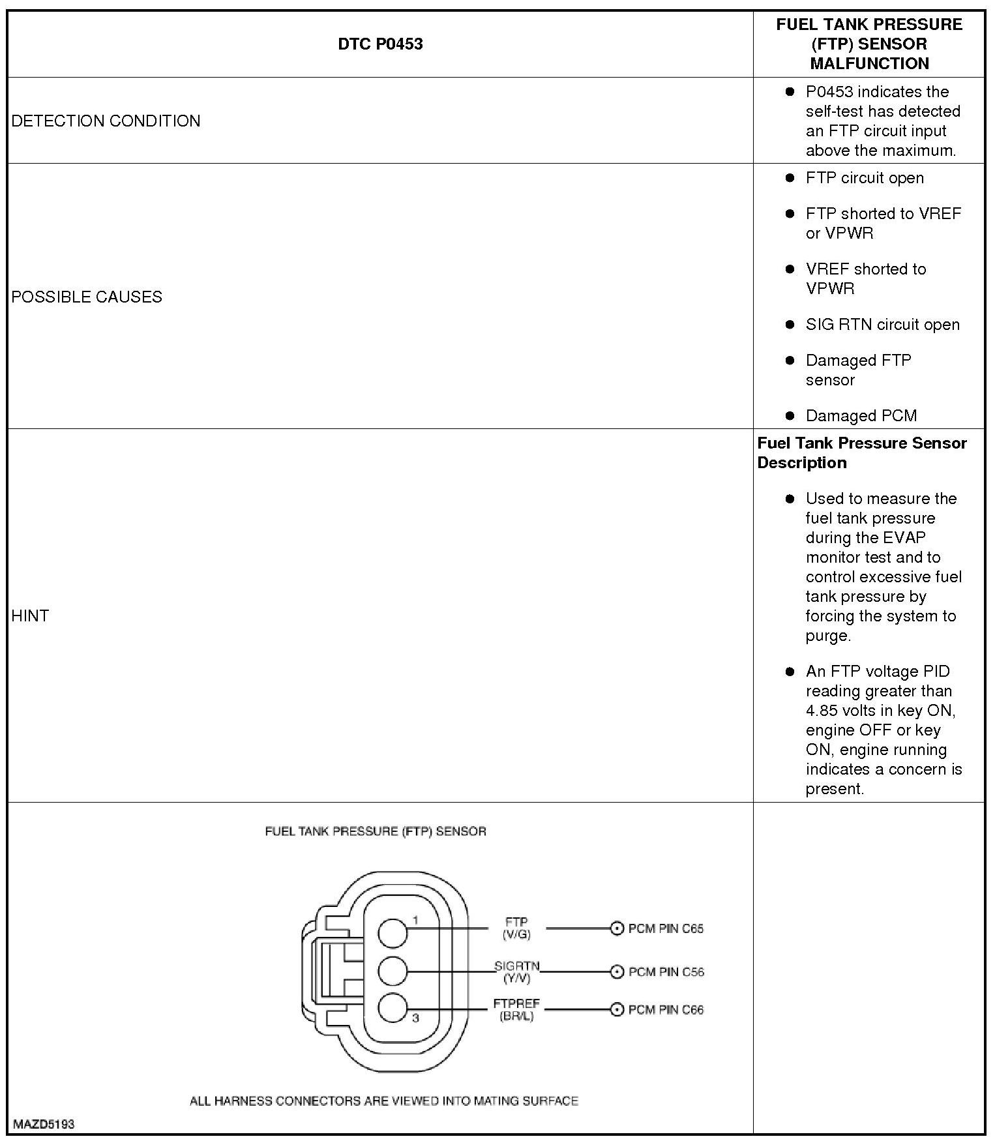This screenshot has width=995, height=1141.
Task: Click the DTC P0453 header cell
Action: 380,44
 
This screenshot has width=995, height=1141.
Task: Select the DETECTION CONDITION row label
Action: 106,121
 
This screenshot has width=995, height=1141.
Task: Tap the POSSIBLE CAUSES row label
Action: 87,297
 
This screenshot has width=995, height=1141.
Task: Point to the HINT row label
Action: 30,615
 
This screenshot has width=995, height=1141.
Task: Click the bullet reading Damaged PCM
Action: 861,415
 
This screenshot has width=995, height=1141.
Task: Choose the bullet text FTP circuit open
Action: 864,178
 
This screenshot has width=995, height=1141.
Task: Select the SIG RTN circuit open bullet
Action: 882,325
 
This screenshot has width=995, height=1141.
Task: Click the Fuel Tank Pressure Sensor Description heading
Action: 862,452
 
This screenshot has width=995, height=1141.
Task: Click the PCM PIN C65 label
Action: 666,928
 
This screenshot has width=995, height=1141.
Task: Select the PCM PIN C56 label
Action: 666,971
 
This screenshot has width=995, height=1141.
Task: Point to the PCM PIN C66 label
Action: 666,1010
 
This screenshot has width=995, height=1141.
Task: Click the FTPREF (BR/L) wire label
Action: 516,1010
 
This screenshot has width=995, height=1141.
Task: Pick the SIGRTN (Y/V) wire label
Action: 516,971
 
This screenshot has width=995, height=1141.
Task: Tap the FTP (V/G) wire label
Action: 516,928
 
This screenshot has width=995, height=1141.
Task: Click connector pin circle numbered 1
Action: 393,933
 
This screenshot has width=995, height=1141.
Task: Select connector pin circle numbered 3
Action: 393,1008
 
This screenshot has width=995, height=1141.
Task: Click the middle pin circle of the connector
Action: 393,971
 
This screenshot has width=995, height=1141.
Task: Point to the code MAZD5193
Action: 43,1124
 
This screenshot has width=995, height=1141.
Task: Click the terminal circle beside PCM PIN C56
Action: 616,971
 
